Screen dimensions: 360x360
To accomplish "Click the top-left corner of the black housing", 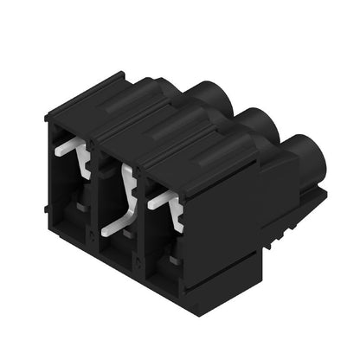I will point(48,113).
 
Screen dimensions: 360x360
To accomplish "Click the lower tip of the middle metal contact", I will point(105,232).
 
